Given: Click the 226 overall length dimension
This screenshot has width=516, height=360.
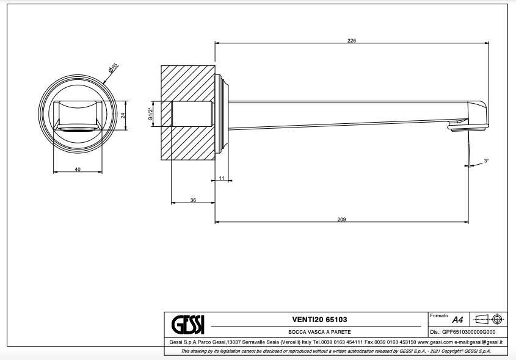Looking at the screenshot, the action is pos(352,41).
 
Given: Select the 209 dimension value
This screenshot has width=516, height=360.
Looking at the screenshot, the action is pos(341,219).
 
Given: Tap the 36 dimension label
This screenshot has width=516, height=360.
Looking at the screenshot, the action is pos(193,200).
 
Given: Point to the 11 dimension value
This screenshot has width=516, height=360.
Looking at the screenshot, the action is pos(222,178).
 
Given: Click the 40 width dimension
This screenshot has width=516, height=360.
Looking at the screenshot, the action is pos(78,169).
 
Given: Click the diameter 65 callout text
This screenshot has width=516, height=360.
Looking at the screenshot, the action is pos(113,68).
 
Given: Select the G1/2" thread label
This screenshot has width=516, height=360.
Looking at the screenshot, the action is pos(151,113).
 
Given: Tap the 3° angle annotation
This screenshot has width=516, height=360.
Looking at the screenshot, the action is pos(486,160).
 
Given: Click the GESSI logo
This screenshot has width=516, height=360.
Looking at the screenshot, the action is pos(188,325).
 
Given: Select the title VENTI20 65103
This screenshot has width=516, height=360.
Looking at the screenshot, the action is pos(319,320).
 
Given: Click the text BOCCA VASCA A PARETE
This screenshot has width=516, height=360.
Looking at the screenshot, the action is pos(319,332).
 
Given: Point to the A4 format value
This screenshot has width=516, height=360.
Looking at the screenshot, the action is pos(457,320).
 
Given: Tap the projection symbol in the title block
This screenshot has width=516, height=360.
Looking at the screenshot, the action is pos(489,319).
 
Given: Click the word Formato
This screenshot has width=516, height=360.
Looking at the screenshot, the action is pos(438,315).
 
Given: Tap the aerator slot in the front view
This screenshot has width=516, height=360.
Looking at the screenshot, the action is pos(78,129).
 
